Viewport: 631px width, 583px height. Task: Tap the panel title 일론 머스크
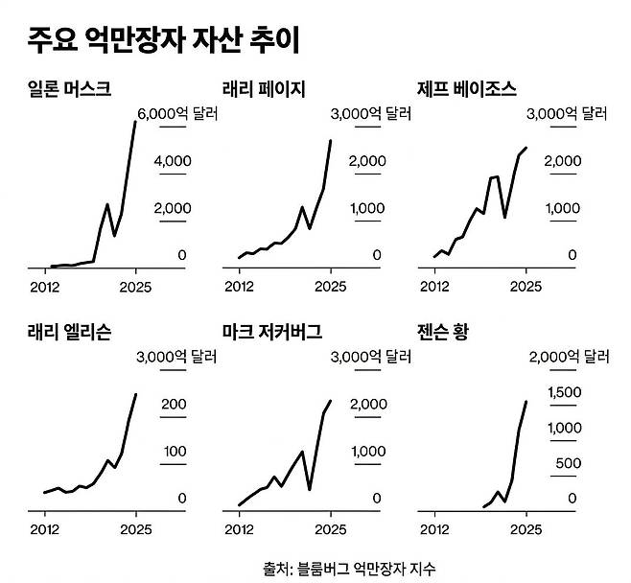[x=70, y=90]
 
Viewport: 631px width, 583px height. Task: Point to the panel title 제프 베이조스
[x=467, y=90]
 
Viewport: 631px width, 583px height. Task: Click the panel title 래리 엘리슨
[x=70, y=334]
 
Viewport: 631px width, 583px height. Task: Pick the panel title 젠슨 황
[x=449, y=334]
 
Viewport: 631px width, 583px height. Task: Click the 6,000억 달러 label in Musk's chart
[x=178, y=114]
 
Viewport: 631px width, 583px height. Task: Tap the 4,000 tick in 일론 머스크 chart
[x=173, y=161]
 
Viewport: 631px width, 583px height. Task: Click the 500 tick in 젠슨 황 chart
[x=566, y=464]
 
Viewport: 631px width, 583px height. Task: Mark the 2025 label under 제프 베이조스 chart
[x=525, y=286]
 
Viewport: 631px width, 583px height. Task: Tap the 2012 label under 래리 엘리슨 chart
[x=44, y=528]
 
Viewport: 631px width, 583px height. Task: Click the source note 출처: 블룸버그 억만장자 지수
[x=342, y=567]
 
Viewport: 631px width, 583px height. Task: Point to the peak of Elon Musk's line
[x=135, y=122]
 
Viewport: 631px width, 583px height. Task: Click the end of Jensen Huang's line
[x=526, y=401]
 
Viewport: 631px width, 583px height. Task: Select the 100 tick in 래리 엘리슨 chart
[x=174, y=452]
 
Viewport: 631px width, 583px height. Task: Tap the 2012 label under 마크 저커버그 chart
[x=238, y=528]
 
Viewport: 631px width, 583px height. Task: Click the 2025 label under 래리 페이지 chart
[x=330, y=286]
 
